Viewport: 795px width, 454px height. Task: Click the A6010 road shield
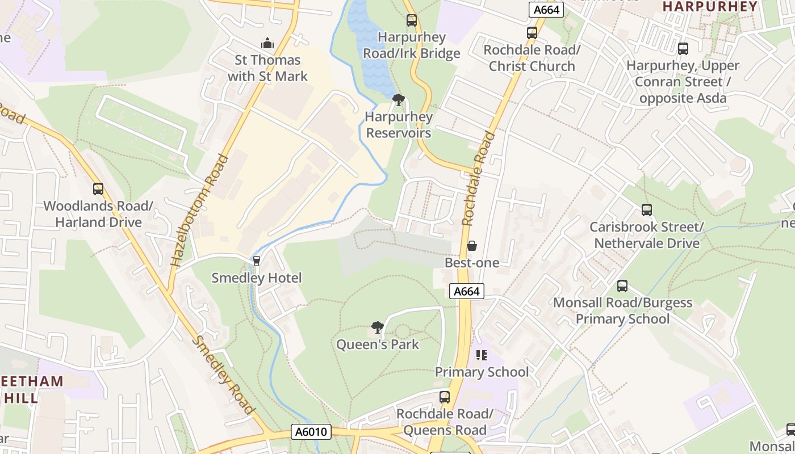pyautogui.click(x=312, y=432)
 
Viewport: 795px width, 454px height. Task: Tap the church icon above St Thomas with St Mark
pyautogui.click(x=267, y=43)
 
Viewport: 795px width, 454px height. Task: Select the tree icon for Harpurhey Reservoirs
pyautogui.click(x=399, y=100)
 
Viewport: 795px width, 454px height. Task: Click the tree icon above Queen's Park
pyautogui.click(x=377, y=327)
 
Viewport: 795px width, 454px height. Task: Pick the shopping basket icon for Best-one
pyautogui.click(x=471, y=246)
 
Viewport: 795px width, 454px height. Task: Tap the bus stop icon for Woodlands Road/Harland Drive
pyautogui.click(x=98, y=189)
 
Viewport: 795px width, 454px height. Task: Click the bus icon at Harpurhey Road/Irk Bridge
pyautogui.click(x=412, y=21)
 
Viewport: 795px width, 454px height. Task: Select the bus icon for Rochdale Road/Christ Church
pyautogui.click(x=532, y=33)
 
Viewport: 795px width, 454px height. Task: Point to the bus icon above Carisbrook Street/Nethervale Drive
pyautogui.click(x=647, y=210)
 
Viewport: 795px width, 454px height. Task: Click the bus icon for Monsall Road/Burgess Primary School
pyautogui.click(x=622, y=286)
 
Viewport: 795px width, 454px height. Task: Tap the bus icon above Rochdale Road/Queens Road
pyautogui.click(x=445, y=397)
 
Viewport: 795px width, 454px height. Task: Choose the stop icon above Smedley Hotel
pyautogui.click(x=257, y=261)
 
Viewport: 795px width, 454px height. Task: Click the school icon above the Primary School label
pyautogui.click(x=482, y=355)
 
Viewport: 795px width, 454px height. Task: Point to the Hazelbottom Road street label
pyautogui.click(x=199, y=210)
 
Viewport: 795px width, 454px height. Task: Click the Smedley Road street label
pyautogui.click(x=223, y=375)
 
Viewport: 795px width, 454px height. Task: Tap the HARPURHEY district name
pyautogui.click(x=710, y=7)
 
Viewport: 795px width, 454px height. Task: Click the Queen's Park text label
pyautogui.click(x=378, y=344)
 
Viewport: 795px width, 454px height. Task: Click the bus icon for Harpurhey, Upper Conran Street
pyautogui.click(x=683, y=49)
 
